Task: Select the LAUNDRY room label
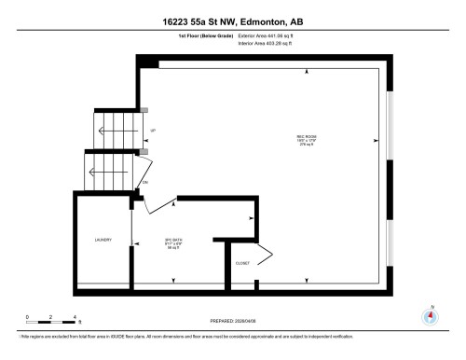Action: (103, 240)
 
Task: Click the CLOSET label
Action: (242, 264)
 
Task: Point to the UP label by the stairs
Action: (153, 130)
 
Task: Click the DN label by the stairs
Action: (144, 182)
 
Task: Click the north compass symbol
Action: (429, 315)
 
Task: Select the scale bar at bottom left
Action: (54, 323)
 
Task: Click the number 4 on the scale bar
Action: (79, 317)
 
